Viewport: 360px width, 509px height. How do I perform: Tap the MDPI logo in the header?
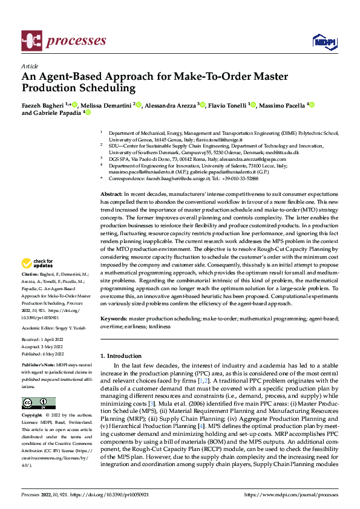tap(323, 41)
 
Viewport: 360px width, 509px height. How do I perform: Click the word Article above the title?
tap(30, 66)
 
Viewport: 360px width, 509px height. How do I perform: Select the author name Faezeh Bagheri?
tap(44, 105)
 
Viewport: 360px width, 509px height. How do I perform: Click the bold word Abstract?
tap(111, 176)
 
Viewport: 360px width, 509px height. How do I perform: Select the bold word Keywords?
tap(114, 318)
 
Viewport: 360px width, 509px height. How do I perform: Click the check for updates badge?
tap(37, 264)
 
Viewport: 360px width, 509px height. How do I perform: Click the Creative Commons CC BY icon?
tap(38, 403)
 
